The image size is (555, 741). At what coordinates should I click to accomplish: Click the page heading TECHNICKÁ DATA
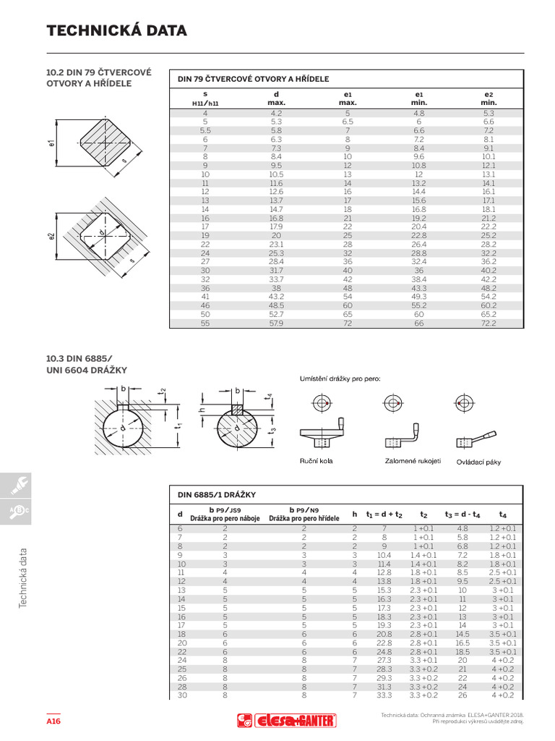(116, 30)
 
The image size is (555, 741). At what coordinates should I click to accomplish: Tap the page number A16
(53, 721)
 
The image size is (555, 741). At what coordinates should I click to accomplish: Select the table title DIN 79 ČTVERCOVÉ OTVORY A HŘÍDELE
(254, 79)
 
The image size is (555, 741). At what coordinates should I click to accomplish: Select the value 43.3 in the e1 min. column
(418, 287)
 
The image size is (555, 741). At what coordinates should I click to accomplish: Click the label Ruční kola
(316, 460)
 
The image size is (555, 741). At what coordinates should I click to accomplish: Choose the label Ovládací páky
(478, 462)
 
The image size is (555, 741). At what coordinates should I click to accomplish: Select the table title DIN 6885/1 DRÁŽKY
(217, 494)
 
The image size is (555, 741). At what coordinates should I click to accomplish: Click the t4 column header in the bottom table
(503, 514)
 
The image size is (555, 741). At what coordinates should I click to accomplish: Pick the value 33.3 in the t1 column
(384, 695)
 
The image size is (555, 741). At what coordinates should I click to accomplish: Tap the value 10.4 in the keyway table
(384, 554)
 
